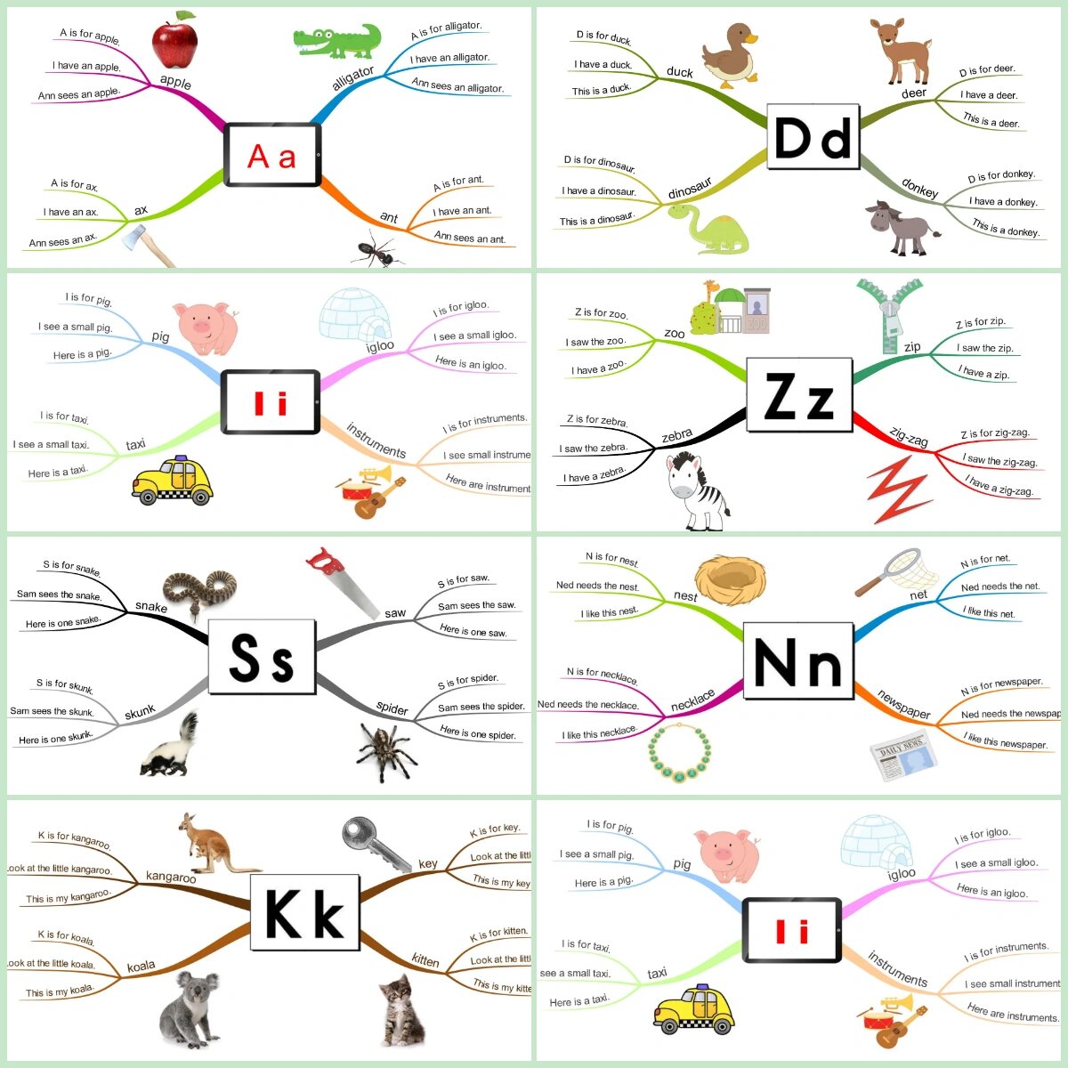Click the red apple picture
(x=174, y=41)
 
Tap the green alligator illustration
(x=337, y=40)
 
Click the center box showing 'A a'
(x=271, y=156)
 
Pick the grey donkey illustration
(x=900, y=227)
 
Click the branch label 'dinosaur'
(x=690, y=189)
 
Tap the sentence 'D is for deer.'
(x=986, y=70)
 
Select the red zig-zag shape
(x=900, y=489)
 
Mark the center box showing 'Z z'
(x=798, y=398)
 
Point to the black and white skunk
(x=170, y=748)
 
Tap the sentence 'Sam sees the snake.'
(x=59, y=595)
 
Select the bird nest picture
(x=730, y=579)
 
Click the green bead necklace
(x=680, y=753)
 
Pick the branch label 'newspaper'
(x=903, y=704)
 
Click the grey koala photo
(x=190, y=1007)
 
